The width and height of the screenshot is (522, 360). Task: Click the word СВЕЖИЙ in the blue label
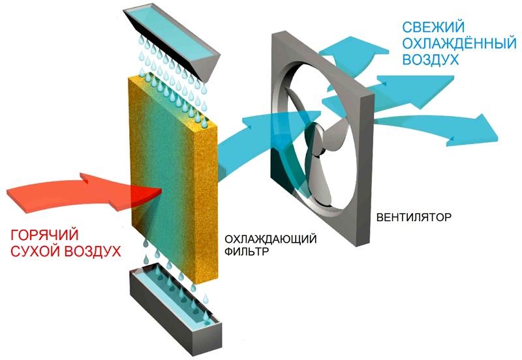point(433,27)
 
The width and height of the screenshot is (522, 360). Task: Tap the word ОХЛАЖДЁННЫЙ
point(459,43)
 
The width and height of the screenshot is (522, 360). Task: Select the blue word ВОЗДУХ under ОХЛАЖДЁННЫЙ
point(431,59)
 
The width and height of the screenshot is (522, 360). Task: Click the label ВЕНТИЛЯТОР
point(414,217)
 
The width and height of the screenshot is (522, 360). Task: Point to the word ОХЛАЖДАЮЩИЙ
point(270,239)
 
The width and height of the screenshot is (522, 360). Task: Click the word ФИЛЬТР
point(247,251)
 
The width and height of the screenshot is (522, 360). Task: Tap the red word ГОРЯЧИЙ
point(44,235)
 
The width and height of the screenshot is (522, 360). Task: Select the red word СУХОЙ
point(35,251)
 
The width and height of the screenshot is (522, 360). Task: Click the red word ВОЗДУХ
point(92,251)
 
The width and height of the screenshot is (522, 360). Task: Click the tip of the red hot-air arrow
point(161,190)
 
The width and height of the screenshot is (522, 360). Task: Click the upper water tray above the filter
point(171,44)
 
